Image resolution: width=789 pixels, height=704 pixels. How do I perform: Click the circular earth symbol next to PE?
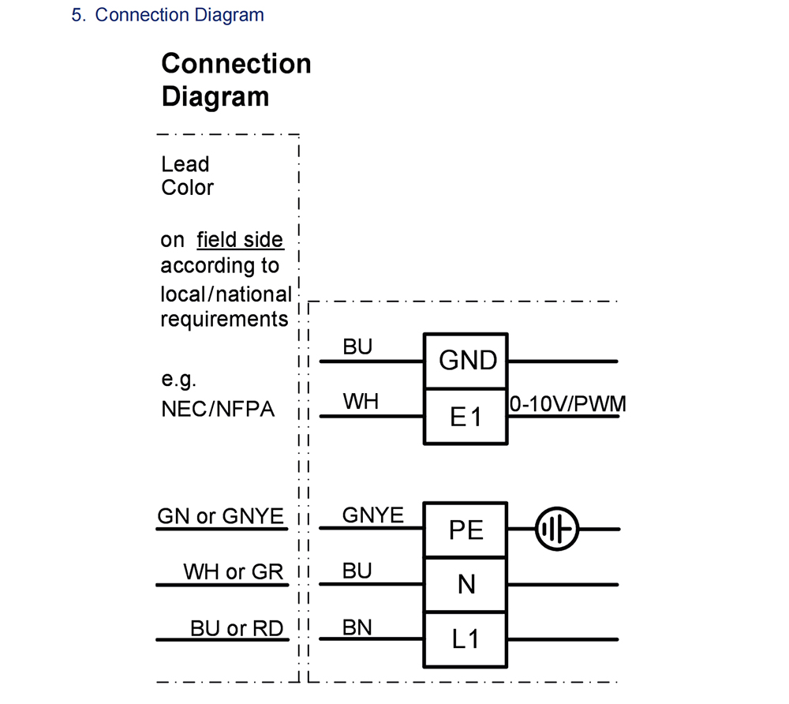click(556, 528)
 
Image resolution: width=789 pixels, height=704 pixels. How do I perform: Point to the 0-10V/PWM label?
click(567, 404)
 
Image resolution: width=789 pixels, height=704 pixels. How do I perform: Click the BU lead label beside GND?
click(357, 347)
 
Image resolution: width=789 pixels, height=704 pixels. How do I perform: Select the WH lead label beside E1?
click(361, 402)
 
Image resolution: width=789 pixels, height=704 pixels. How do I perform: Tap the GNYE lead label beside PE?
click(372, 515)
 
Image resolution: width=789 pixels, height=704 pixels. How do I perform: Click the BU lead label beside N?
click(357, 571)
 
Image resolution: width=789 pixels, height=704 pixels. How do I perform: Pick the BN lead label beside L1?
click(357, 627)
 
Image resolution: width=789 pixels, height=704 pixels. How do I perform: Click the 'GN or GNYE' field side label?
click(220, 516)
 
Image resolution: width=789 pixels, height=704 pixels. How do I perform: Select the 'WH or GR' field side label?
click(233, 571)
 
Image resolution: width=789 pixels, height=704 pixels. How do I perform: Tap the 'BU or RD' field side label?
click(236, 628)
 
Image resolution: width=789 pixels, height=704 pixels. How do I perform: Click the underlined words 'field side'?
click(240, 239)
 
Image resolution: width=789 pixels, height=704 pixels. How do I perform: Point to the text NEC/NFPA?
click(218, 409)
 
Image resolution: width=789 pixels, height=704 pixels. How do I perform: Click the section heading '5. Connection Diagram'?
click(167, 15)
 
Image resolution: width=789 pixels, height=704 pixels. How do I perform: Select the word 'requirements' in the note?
click(224, 319)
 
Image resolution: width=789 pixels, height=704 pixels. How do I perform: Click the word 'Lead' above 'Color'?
click(185, 164)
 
